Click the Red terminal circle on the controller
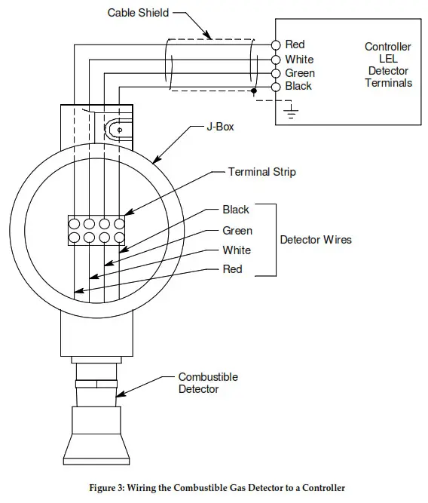click(x=277, y=45)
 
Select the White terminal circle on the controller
click(x=277, y=60)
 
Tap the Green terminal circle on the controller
click(x=277, y=73)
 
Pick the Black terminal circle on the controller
click(x=277, y=87)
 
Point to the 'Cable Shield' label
click(x=138, y=13)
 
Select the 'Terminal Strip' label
click(x=261, y=172)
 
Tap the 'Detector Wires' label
click(x=316, y=240)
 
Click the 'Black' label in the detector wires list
click(x=235, y=209)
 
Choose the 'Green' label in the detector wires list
click(x=237, y=230)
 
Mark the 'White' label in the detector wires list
click(x=237, y=250)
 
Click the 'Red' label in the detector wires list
click(x=233, y=269)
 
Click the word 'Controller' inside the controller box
click(x=388, y=47)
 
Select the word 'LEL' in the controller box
click(x=388, y=59)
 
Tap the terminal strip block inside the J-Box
click(x=96, y=230)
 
